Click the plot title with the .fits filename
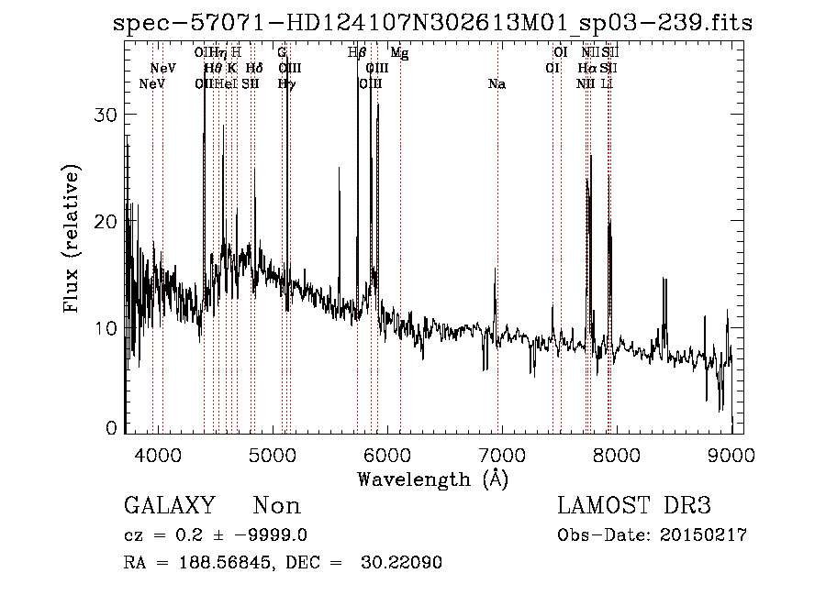coord(432,23)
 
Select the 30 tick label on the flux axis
coord(109,115)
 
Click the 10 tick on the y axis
coord(109,328)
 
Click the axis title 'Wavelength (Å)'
coord(432,479)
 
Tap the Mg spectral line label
coord(399,53)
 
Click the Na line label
coord(497,84)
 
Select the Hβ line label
coord(357,53)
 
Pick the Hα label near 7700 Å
coord(587,69)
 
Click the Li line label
coord(607,84)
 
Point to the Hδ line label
coord(254,69)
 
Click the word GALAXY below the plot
coord(170,506)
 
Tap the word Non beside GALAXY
coord(276,506)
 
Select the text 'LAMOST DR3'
coord(633,506)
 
